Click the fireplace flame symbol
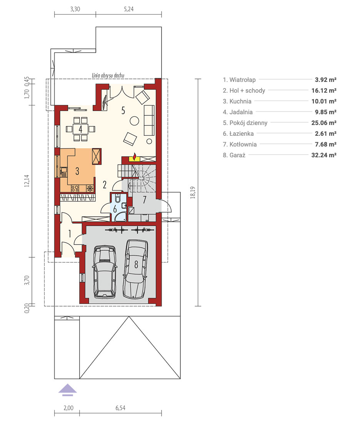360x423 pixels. tap(135, 156)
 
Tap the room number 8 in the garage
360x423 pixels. tap(136, 265)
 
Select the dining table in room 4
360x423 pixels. tap(80, 129)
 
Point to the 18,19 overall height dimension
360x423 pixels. tap(192, 193)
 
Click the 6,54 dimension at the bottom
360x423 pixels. tap(120, 408)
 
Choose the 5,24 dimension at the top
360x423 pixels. tap(129, 9)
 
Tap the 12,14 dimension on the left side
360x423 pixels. tap(27, 181)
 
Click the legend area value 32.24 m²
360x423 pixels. tap(324, 155)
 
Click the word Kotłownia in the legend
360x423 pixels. tap(243, 144)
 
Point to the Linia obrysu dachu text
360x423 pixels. tap(108, 75)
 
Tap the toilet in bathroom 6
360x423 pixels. tap(118, 198)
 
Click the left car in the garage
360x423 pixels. tap(105, 271)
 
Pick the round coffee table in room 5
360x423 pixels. tap(134, 121)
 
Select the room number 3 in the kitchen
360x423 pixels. tap(77, 171)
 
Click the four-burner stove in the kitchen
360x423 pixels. tap(75, 188)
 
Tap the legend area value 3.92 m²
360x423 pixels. tap(325, 80)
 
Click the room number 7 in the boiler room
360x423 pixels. tap(144, 200)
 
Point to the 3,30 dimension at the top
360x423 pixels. tap(75, 9)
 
